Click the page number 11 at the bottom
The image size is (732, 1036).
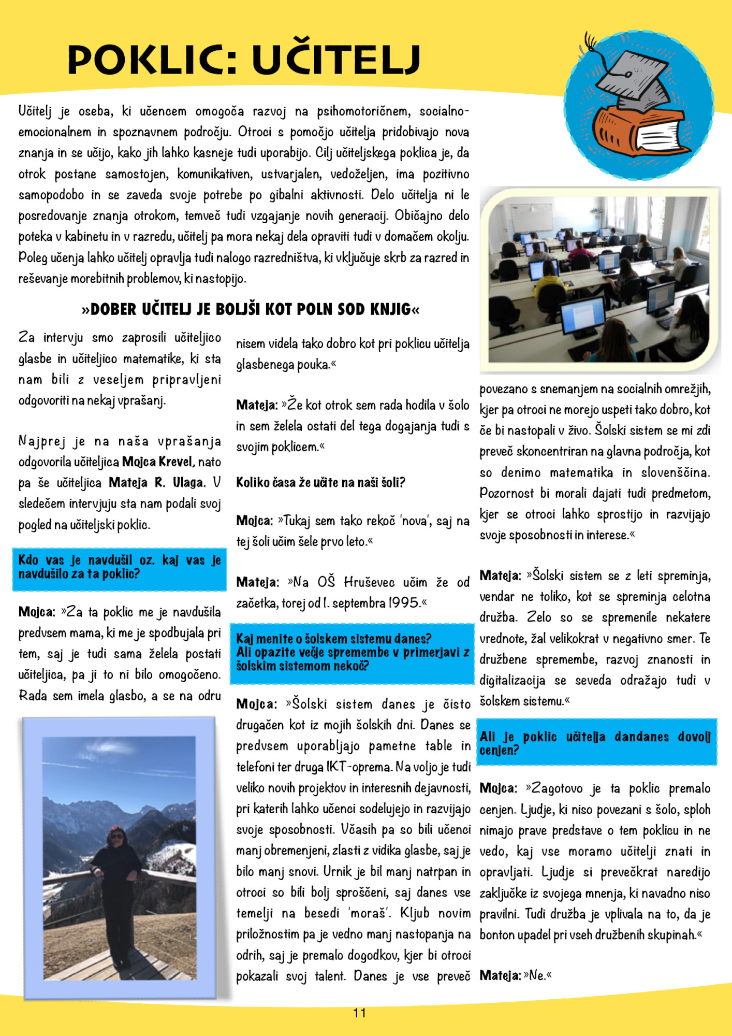(x=360, y=1013)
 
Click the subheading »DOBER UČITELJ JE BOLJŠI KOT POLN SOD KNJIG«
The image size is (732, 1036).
(x=251, y=310)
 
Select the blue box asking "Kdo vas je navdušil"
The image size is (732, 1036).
(x=120, y=568)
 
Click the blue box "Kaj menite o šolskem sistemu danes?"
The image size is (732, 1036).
(x=352, y=653)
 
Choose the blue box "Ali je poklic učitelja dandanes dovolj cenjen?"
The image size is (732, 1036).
(x=595, y=743)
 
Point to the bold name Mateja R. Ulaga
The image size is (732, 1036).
(x=156, y=483)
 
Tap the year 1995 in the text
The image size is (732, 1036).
(x=404, y=603)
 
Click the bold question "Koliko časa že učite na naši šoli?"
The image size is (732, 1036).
(x=320, y=483)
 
